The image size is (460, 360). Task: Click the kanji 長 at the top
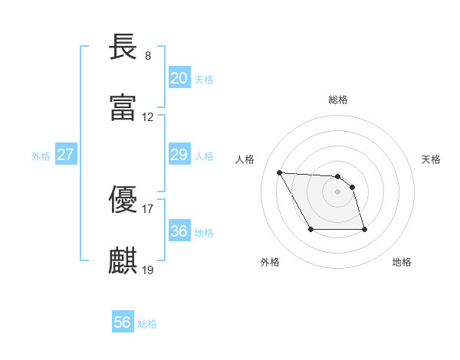tap(123, 47)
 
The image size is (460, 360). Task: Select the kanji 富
tap(123, 107)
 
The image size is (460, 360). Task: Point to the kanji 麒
tap(123, 260)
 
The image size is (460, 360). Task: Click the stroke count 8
tap(147, 56)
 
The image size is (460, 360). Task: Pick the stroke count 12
tap(148, 117)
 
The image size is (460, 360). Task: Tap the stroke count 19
tap(148, 270)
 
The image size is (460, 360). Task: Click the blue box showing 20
tap(179, 78)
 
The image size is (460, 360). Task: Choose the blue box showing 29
tap(179, 155)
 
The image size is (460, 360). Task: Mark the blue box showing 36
tap(179, 231)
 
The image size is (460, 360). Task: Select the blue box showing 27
tap(66, 155)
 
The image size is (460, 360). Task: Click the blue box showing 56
tap(123, 322)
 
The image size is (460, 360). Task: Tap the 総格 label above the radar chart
tap(338, 100)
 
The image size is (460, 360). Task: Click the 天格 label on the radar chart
tap(432, 159)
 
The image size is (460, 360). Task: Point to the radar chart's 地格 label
tap(402, 262)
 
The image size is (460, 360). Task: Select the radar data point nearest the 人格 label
tap(280, 172)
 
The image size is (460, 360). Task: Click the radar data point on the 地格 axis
tap(364, 229)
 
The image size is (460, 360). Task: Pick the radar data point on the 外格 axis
tap(310, 229)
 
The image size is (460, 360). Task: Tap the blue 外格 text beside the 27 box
tap(41, 155)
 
